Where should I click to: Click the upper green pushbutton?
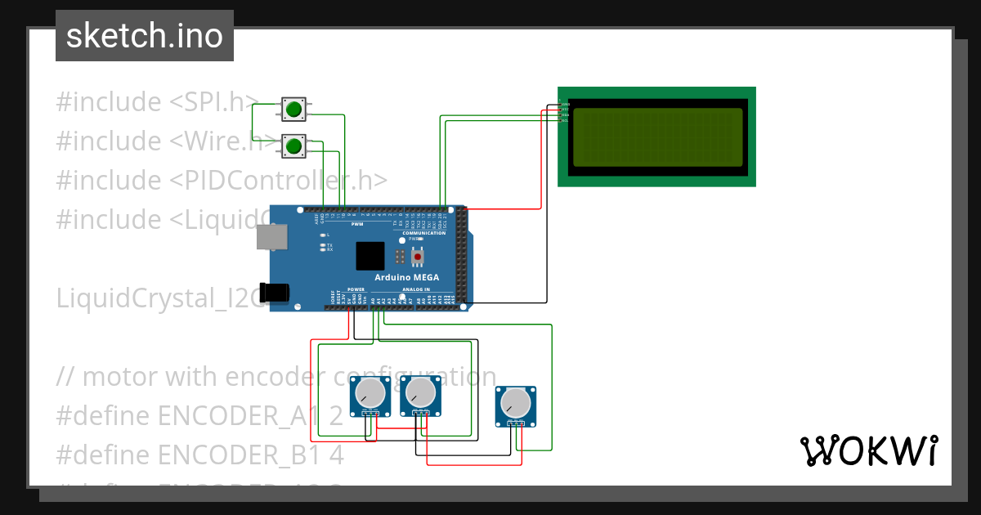point(293,108)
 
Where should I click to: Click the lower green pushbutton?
point(293,146)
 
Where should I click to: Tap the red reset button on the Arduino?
point(418,257)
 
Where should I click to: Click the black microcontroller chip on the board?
point(370,256)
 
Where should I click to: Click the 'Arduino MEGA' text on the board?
point(406,277)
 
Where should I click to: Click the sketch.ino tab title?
point(145,36)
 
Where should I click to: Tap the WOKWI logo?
point(868,450)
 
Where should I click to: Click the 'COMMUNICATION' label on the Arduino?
point(423,233)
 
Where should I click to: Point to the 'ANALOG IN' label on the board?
point(414,289)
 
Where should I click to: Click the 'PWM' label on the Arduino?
point(357,224)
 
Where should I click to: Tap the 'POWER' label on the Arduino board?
point(356,289)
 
